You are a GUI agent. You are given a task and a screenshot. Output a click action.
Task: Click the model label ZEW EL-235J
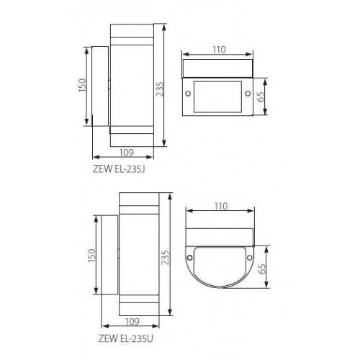pos(119,169)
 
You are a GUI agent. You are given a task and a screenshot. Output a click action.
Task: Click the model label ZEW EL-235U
pos(125,338)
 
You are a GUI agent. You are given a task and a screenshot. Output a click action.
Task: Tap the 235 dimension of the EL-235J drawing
pos(159,89)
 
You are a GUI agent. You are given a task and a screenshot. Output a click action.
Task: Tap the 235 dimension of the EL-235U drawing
pos(166,258)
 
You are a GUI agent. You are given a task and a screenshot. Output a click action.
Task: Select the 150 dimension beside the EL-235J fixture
pos(82,85)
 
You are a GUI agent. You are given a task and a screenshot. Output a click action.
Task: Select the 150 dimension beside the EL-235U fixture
pos(92,256)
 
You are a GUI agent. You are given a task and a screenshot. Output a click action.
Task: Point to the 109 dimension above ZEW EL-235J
pos(127,153)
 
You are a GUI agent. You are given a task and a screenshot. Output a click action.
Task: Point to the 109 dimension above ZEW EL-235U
pos(132,321)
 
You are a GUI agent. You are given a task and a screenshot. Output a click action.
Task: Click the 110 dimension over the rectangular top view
pos(219,50)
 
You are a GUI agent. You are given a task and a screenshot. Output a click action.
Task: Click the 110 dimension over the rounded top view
pos(221,206)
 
